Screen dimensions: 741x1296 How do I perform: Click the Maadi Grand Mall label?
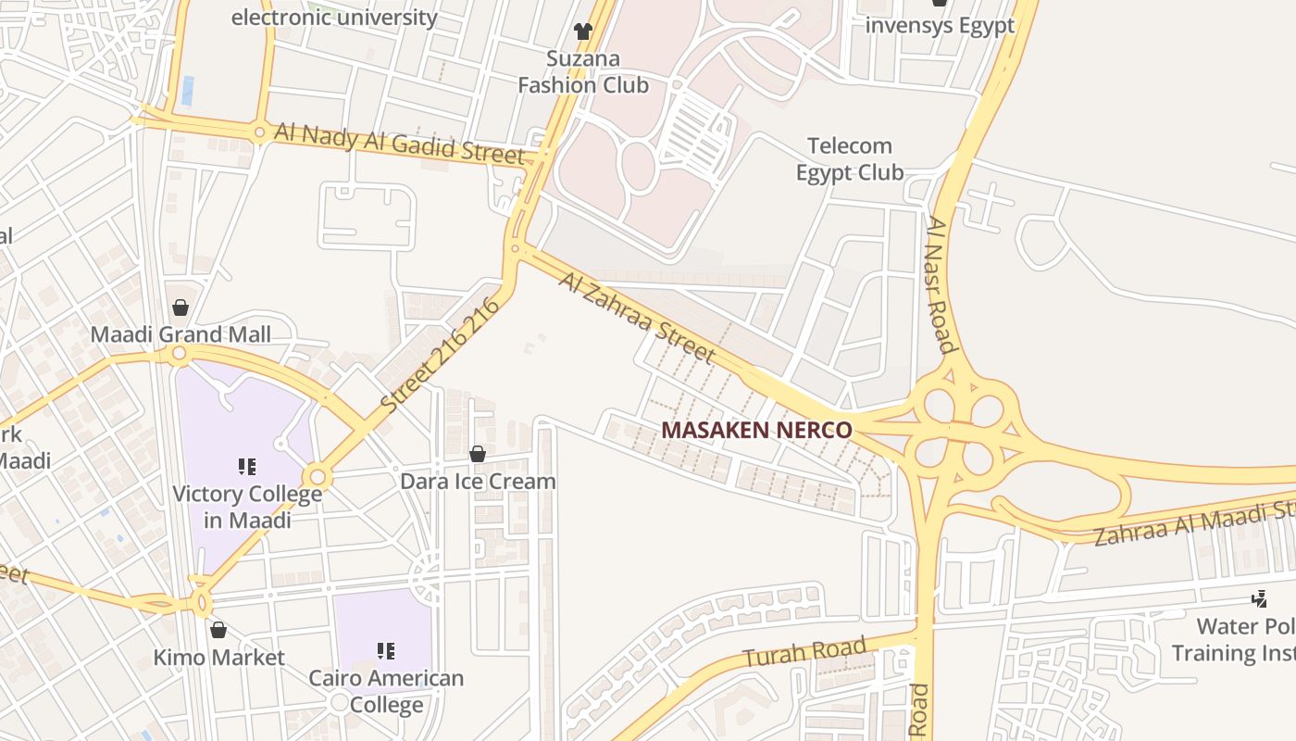(181, 334)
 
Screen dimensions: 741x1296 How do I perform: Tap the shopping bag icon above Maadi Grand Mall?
(181, 308)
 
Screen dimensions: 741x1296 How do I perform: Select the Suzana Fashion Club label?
(583, 72)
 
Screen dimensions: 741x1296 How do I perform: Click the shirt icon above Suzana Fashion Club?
(582, 31)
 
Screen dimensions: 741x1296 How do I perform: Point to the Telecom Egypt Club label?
(850, 159)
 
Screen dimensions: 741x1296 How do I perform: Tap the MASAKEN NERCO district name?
(756, 430)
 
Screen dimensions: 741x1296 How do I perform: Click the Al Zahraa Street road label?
(637, 317)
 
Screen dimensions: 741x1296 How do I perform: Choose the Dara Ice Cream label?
(478, 481)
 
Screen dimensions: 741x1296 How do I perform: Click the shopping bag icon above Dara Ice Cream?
(478, 454)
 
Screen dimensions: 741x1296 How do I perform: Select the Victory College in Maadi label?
(247, 507)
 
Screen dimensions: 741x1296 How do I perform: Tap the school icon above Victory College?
(247, 466)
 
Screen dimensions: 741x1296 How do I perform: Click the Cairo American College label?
(386, 691)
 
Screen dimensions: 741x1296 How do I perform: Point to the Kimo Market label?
(218, 658)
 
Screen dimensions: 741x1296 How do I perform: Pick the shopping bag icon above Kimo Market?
(218, 630)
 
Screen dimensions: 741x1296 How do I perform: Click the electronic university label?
(334, 17)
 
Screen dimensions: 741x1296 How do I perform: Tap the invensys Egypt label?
(940, 25)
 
